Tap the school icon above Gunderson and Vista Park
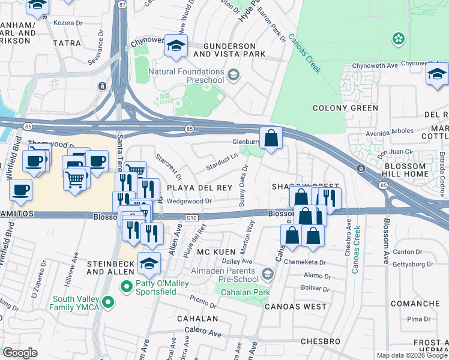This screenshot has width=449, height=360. (x=176, y=46)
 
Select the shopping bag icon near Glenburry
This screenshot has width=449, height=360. (x=271, y=138)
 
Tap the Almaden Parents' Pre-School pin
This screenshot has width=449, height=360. (x=268, y=274)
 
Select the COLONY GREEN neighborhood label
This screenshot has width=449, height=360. (x=345, y=108)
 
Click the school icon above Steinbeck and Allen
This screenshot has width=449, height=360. (x=149, y=262)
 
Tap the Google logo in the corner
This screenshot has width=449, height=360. (x=20, y=353)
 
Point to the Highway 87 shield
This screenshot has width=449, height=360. (x=123, y=4)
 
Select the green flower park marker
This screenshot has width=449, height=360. (x=397, y=39)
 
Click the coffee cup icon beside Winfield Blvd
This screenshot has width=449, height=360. (x=21, y=190)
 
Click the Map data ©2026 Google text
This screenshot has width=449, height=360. (x=412, y=355)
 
